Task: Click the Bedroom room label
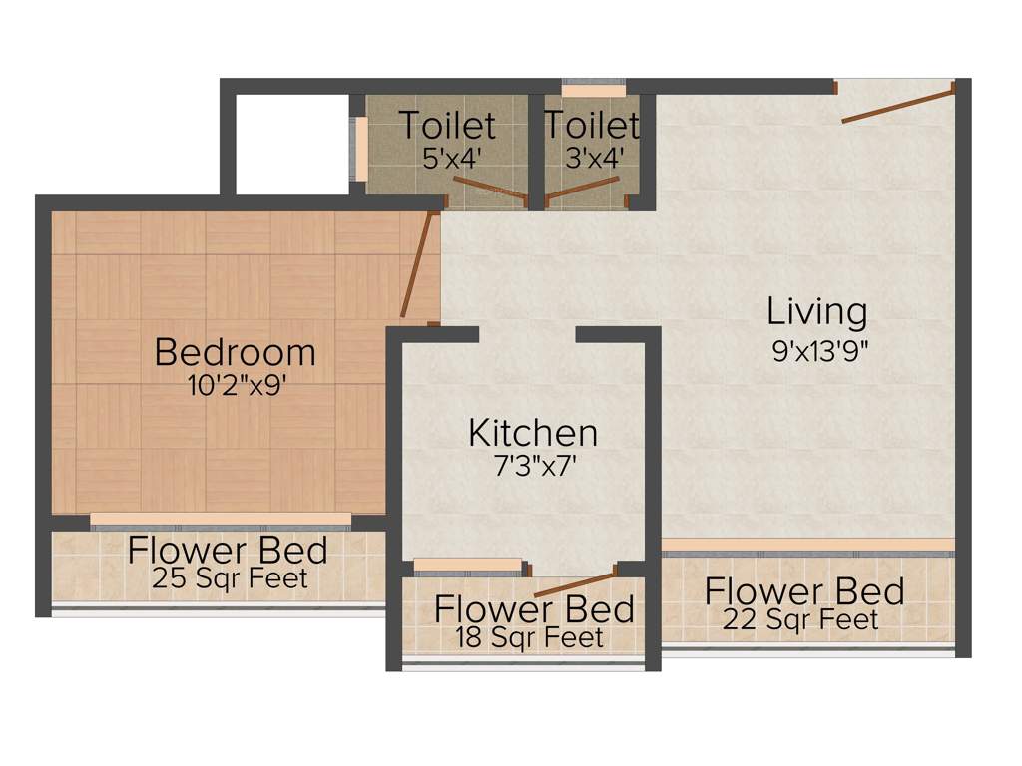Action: pyautogui.click(x=236, y=352)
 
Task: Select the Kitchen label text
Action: pyautogui.click(x=533, y=433)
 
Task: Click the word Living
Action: pyautogui.click(x=816, y=311)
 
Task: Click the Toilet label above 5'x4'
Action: pyautogui.click(x=446, y=126)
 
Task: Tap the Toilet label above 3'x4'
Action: pyautogui.click(x=591, y=126)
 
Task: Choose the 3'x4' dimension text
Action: pyautogui.click(x=593, y=157)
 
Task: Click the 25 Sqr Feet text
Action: pyautogui.click(x=231, y=578)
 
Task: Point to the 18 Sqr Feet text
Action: pyautogui.click(x=529, y=636)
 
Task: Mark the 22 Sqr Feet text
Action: pyautogui.click(x=802, y=620)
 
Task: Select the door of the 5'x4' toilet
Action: pyautogui.click(x=488, y=190)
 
